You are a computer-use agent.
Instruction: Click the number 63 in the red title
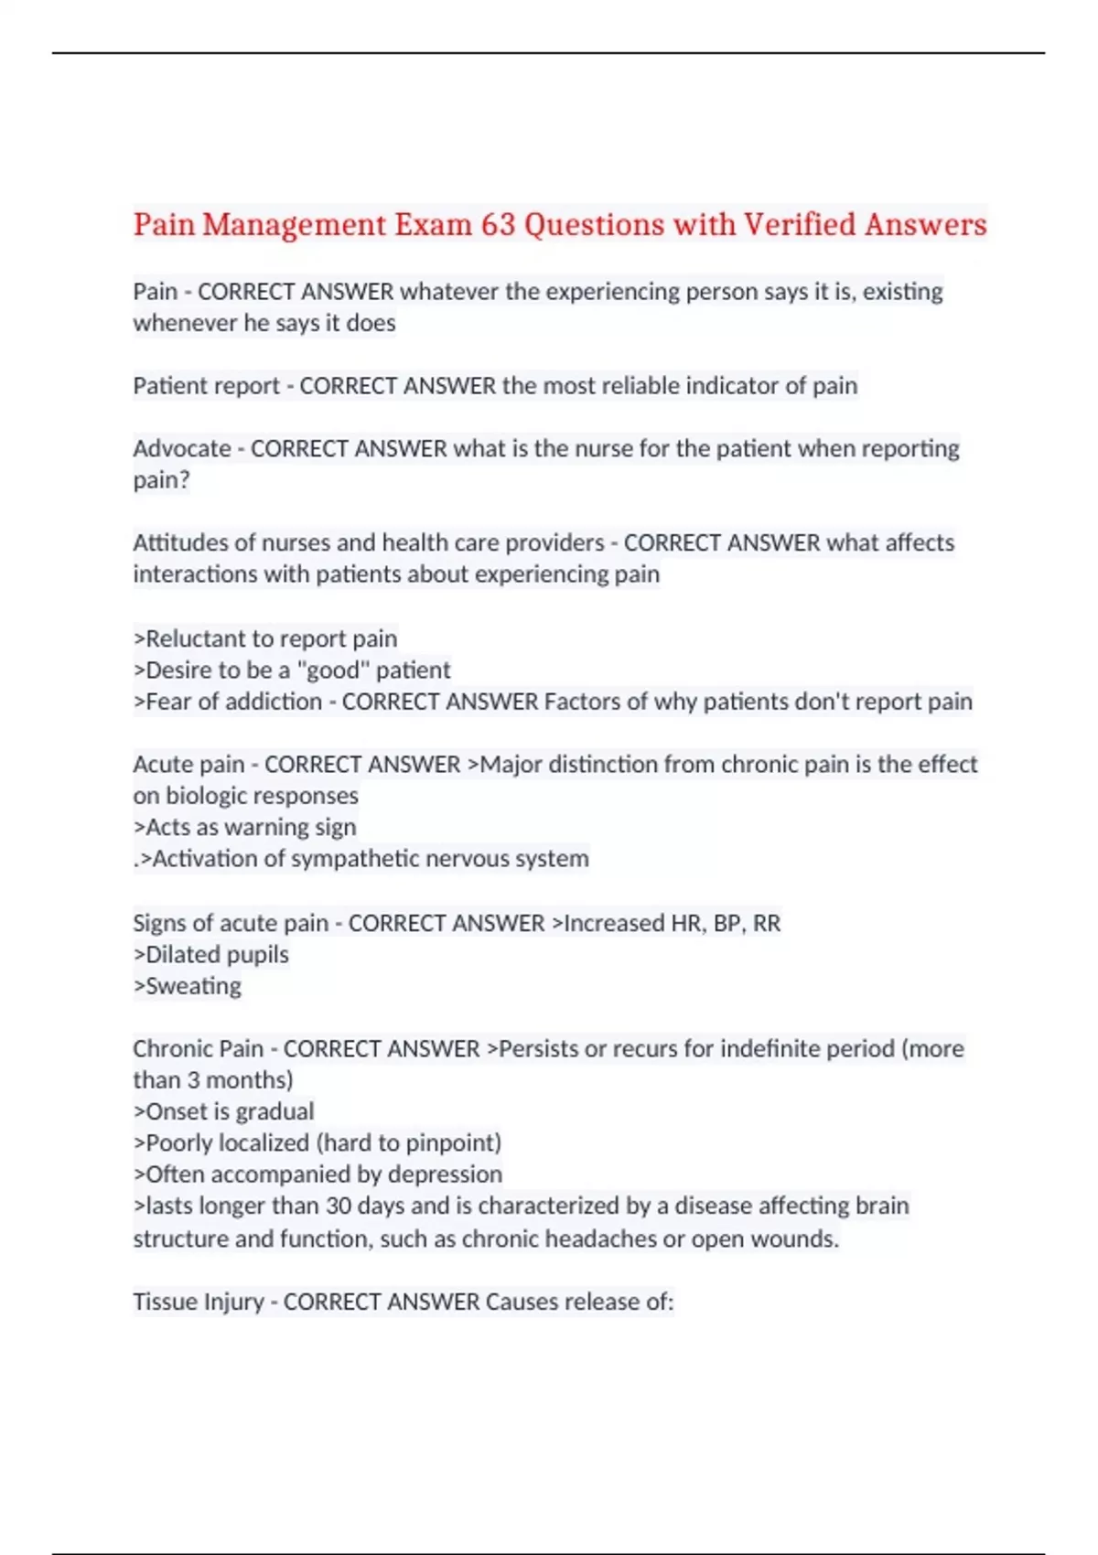(499, 225)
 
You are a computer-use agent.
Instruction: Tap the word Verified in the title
(798, 225)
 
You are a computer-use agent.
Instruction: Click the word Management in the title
(295, 225)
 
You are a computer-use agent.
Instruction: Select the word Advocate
(182, 448)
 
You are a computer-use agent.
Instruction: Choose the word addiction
(274, 702)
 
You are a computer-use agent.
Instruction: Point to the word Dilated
(183, 954)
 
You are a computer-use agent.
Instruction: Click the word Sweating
(193, 986)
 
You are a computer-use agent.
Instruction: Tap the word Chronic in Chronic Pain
(172, 1048)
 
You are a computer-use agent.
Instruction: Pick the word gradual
(275, 1111)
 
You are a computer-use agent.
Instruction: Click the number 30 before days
(339, 1206)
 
